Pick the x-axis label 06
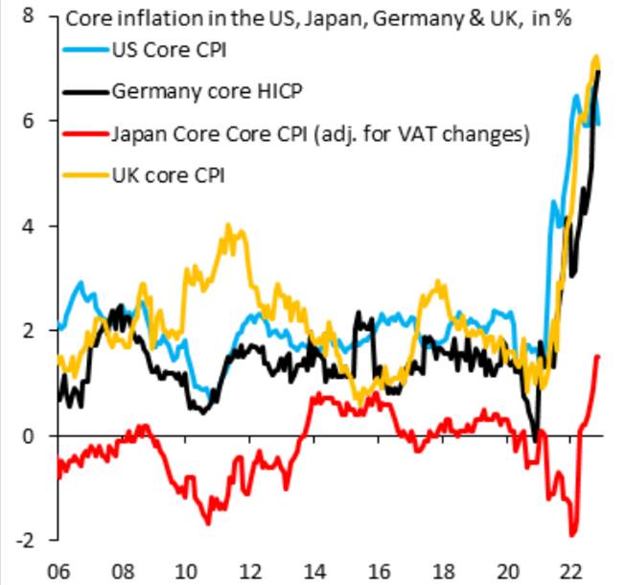point(56,566)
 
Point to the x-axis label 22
point(573,566)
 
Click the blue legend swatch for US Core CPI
point(86,51)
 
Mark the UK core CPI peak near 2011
point(227,226)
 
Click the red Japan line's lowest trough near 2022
point(573,534)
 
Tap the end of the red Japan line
point(599,357)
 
